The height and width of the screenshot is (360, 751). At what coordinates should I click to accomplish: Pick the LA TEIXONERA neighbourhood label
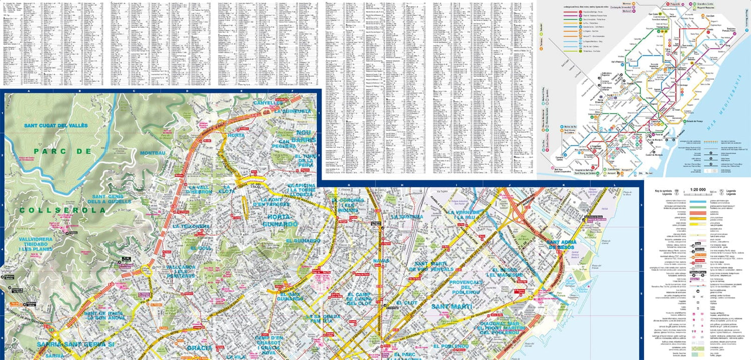point(191,226)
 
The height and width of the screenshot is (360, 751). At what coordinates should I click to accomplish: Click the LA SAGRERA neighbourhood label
point(408,217)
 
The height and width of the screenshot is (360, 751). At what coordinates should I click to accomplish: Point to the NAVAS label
point(382,261)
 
